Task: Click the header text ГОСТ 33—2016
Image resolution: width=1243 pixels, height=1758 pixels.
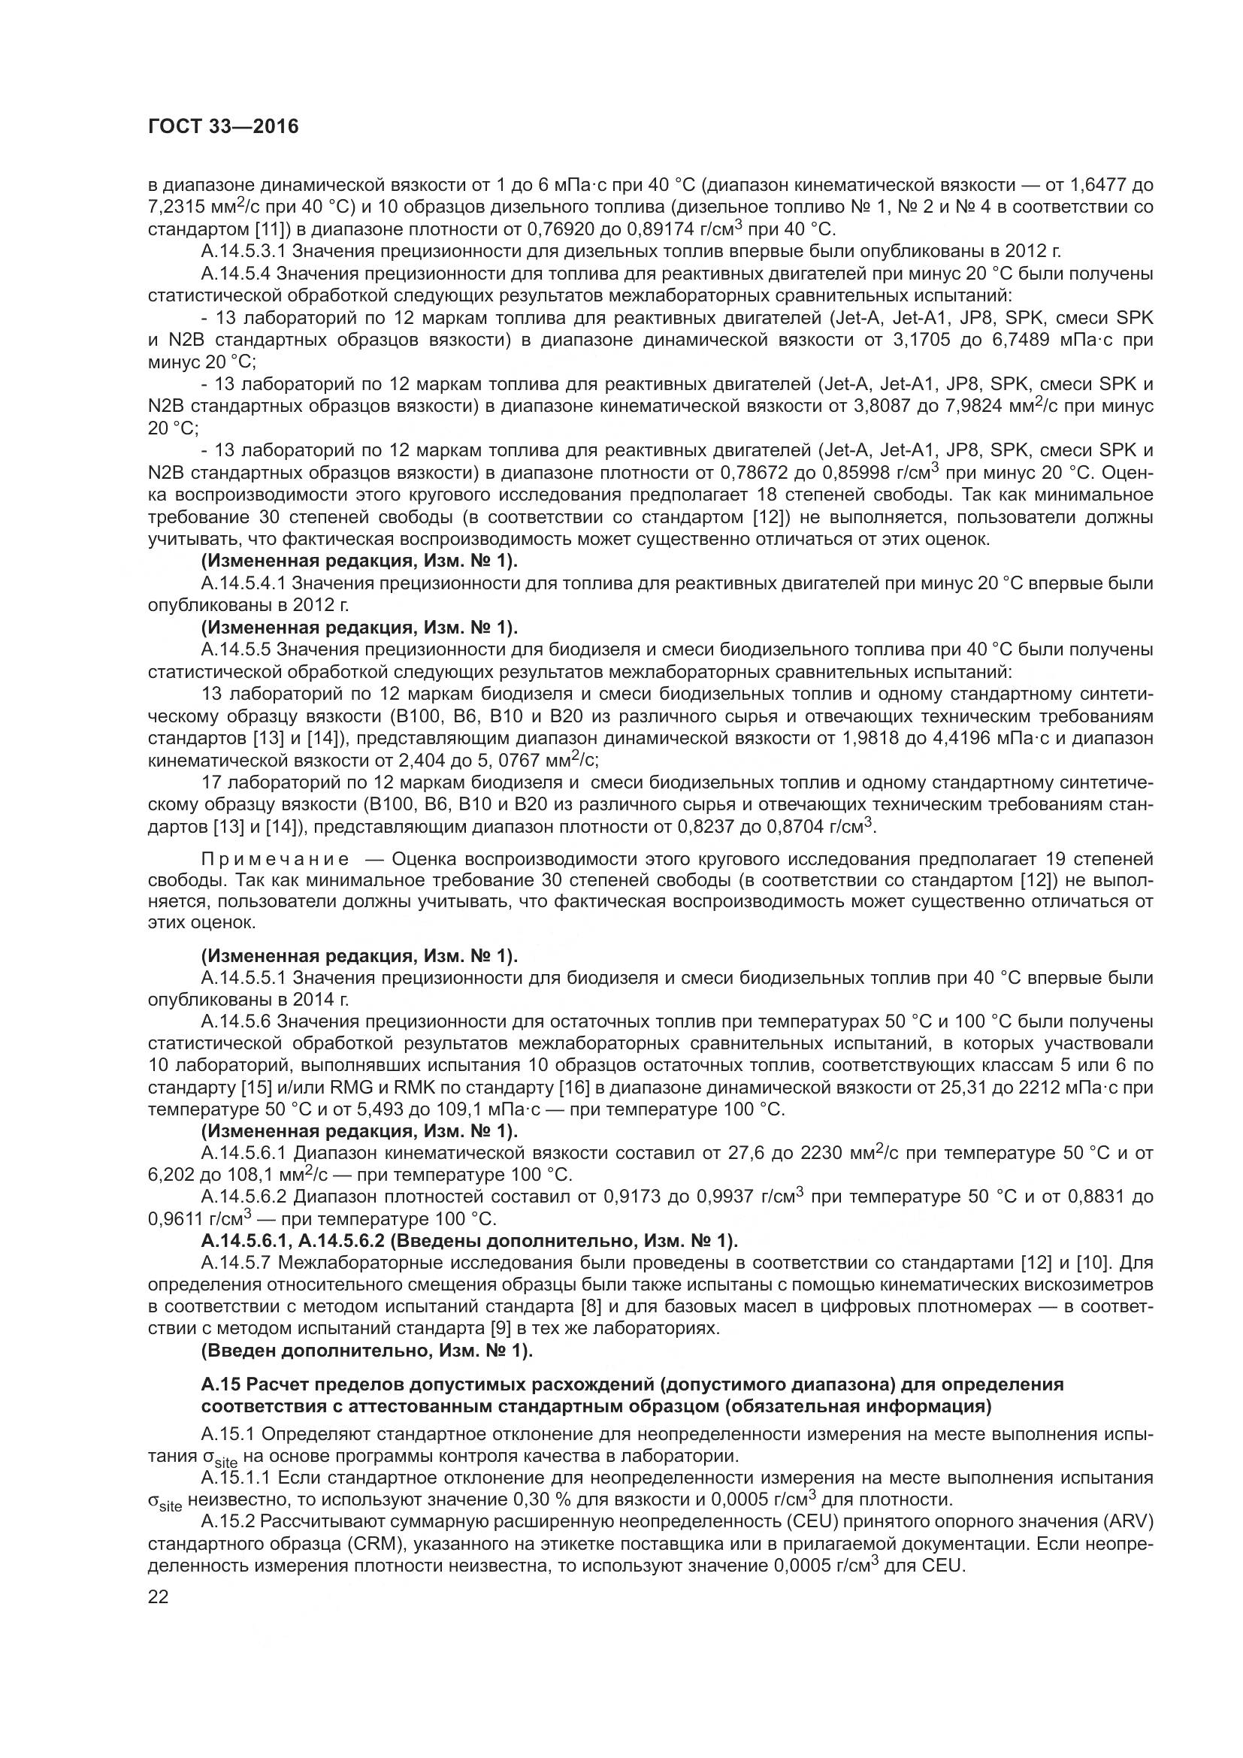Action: pyautogui.click(x=222, y=127)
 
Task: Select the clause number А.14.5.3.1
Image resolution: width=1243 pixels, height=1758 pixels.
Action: pyautogui.click(x=244, y=251)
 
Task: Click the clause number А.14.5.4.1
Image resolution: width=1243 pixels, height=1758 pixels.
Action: pyautogui.click(x=244, y=583)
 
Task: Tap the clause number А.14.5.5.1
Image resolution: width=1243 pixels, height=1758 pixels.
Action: pyautogui.click(x=244, y=978)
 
